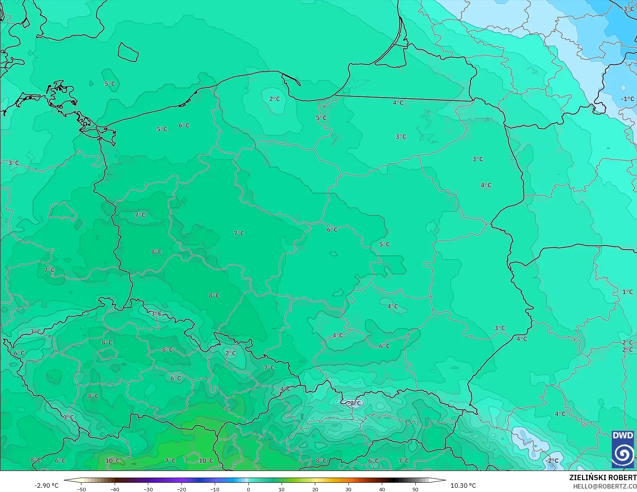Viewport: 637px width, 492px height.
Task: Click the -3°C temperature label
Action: coord(629,9)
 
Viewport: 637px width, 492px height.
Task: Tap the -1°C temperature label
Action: coord(627,99)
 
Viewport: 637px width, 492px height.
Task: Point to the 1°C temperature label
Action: coord(627,292)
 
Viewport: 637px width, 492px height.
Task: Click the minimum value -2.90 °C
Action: coord(47,486)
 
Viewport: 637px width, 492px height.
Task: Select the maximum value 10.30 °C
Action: coord(463,486)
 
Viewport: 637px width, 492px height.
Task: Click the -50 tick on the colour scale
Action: coord(81,489)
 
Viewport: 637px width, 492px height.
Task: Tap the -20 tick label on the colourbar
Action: coord(182,489)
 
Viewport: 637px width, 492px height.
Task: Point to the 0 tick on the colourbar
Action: coord(248,489)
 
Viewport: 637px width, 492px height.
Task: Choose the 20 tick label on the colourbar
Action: coord(315,489)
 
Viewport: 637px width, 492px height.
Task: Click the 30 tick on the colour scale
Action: coord(348,489)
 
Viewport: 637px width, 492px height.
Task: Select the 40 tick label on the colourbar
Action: coord(382,489)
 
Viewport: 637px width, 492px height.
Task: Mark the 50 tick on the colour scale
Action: coord(415,489)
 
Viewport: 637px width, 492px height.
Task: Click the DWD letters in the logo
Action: coord(623,435)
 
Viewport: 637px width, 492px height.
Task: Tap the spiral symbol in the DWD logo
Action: coord(623,455)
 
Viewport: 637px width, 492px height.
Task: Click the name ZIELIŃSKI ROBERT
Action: coord(603,477)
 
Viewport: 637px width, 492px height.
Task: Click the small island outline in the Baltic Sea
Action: coord(128,52)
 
